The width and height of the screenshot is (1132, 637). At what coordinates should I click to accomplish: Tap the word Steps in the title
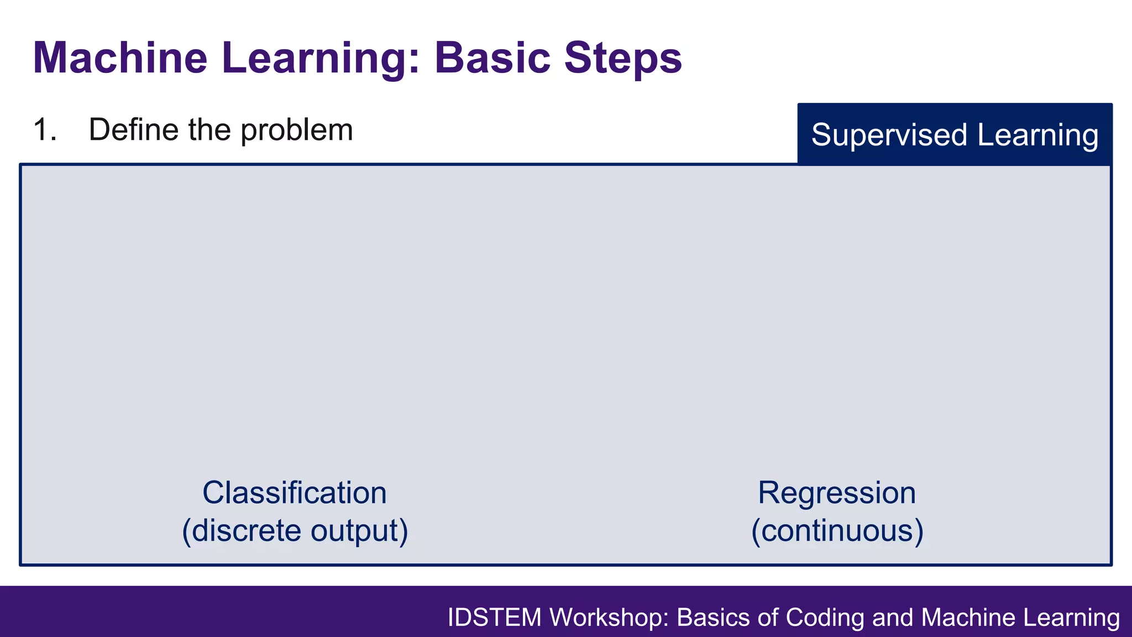(x=623, y=59)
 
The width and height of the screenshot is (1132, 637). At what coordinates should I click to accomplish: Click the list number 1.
(x=44, y=130)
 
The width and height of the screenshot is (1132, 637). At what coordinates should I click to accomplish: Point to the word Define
(x=133, y=130)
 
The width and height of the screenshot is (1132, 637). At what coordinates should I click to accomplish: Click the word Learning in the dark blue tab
(x=1037, y=135)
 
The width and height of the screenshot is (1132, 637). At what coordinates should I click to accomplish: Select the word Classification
(x=294, y=493)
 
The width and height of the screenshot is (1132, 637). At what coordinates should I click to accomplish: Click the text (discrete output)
(x=295, y=531)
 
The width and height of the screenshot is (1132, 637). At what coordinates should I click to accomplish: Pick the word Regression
(x=836, y=493)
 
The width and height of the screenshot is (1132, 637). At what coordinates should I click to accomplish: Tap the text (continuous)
(x=837, y=531)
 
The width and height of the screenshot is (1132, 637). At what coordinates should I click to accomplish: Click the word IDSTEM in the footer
(x=494, y=618)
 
